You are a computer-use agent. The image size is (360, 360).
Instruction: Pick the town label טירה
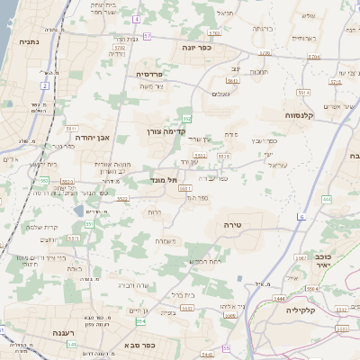pyautogui.click(x=232, y=225)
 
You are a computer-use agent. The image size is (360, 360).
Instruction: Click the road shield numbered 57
pyautogui.click(x=146, y=36)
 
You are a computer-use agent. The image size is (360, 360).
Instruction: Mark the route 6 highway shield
pyautogui.click(x=301, y=218)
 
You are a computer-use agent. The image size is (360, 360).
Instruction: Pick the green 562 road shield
pyautogui.click(x=186, y=118)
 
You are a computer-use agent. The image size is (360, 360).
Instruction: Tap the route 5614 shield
pyautogui.click(x=303, y=92)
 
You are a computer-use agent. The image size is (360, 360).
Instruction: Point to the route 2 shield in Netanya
pyautogui.click(x=44, y=85)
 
